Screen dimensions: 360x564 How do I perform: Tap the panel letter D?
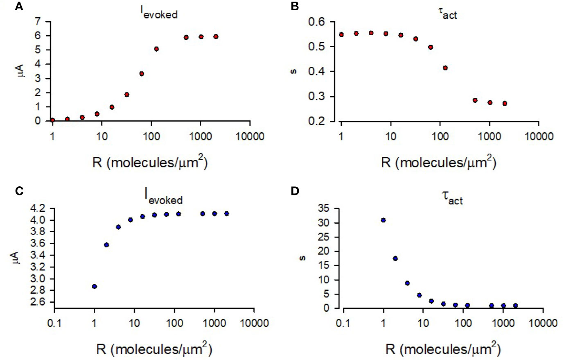coord(295,191)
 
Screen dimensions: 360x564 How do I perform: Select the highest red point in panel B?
coord(371,33)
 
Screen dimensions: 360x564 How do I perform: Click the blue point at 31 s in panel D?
coord(383,220)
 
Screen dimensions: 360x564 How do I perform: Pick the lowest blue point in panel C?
coord(94,286)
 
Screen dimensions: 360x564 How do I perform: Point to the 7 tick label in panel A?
coord(38,22)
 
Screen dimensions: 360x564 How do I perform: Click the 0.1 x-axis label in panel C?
coord(54,323)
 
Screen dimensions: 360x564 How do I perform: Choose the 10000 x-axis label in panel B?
coord(539,136)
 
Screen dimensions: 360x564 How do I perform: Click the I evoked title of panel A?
coord(159,13)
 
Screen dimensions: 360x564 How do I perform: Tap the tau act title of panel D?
coord(452,198)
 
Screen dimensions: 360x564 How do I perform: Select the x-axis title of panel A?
coord(150,163)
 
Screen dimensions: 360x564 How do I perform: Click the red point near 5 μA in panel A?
coord(156,49)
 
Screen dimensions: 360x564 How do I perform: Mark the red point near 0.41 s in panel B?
coord(445,68)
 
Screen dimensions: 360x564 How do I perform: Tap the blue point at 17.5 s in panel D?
coord(395,258)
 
